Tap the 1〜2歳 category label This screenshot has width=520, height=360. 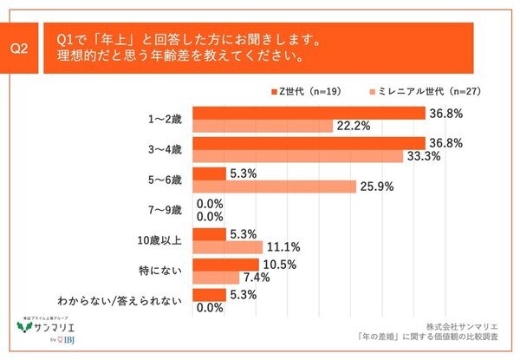165,120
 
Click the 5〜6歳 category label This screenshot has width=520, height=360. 165,180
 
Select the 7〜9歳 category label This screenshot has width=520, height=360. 165,210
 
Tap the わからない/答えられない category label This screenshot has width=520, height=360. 131,300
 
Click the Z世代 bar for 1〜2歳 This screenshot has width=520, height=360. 308,113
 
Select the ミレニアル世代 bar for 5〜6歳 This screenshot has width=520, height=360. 274,187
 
